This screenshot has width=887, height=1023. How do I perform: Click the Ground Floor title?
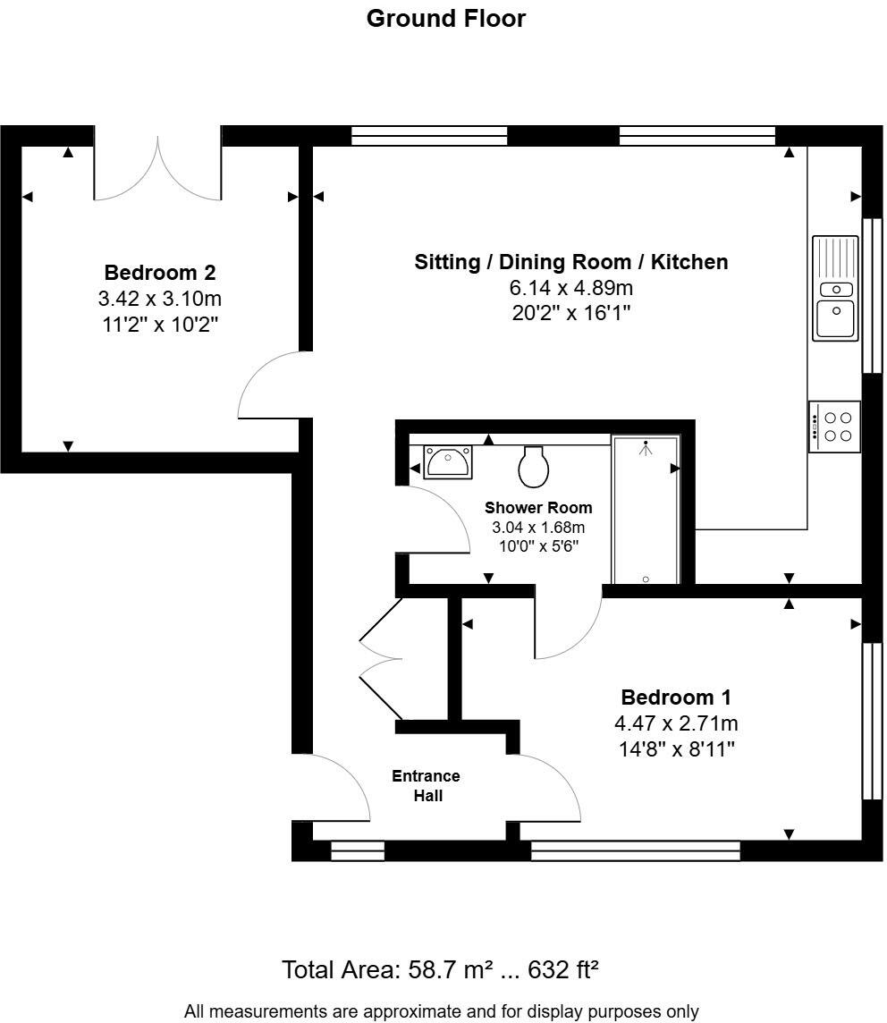tap(445, 19)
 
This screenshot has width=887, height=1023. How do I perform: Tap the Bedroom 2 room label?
tap(160, 273)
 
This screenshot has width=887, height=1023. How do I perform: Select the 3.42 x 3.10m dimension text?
tap(160, 299)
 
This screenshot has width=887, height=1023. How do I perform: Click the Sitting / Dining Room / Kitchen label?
tap(570, 262)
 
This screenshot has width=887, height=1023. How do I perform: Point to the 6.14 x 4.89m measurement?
tap(570, 288)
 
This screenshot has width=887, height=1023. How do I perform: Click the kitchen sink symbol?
tap(835, 288)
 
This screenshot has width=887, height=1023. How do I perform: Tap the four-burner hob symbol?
tap(835, 427)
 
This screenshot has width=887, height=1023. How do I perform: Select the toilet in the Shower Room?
tap(533, 466)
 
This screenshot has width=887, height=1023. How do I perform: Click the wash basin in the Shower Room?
tap(446, 462)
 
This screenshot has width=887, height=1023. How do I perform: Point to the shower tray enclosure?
tap(646, 510)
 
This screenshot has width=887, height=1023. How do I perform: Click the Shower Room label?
tap(538, 508)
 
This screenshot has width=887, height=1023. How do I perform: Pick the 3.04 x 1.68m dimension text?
tap(538, 528)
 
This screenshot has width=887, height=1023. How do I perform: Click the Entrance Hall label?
tap(427, 785)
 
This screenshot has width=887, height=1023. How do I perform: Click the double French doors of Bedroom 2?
tap(158, 170)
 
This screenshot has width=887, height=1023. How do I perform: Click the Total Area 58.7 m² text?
tap(440, 969)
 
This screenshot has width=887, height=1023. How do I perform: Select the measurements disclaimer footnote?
tap(441, 1011)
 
